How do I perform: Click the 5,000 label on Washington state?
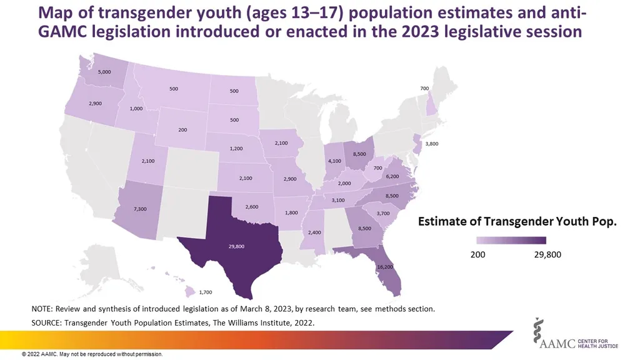[x=105, y=72]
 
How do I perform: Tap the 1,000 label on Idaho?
[x=135, y=109]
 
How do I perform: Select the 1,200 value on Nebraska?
[x=236, y=149]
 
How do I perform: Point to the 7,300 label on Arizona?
[x=141, y=209]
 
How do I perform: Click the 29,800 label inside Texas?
[x=236, y=246]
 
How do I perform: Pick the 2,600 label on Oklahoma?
[x=252, y=206]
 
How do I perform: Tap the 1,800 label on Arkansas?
[x=291, y=213]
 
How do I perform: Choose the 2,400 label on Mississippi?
[x=314, y=232]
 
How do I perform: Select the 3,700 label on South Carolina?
[x=382, y=214]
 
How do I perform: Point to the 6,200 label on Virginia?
[x=392, y=177]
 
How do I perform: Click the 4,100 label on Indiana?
[x=334, y=161]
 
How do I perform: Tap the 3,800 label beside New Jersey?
[x=431, y=144]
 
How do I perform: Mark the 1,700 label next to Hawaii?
[x=206, y=292]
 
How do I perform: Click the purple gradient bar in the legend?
[x=511, y=240]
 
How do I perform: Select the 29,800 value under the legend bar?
[x=547, y=256]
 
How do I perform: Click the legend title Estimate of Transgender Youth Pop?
[x=517, y=222]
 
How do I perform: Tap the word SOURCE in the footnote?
[x=47, y=322]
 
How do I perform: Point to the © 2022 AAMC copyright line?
[x=92, y=354]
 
